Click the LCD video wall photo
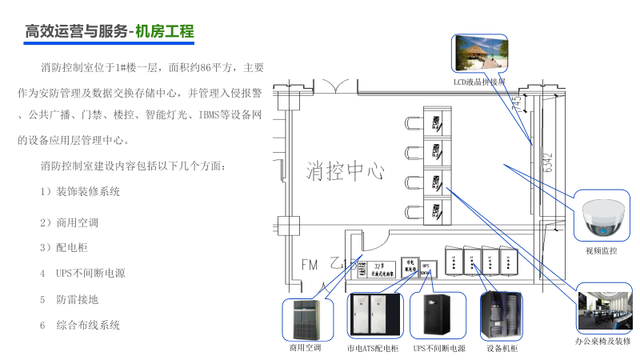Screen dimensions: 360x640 (480, 57)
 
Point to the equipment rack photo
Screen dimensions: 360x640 (502, 318)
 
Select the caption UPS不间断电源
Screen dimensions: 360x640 (439, 349)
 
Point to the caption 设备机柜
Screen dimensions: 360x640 (502, 349)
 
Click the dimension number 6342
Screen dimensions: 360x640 (548, 163)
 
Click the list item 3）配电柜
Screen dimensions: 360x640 (64, 246)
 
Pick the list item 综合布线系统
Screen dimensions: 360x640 (88, 325)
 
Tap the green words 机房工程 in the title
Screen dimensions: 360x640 (165, 32)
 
